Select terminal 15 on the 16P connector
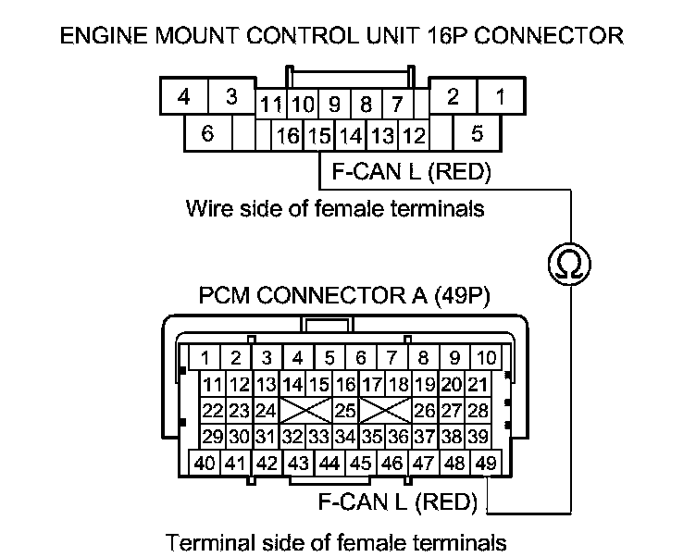tap(319, 136)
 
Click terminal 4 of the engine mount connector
tap(184, 97)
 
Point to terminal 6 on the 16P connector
tap(206, 133)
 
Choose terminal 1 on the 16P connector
tap(500, 95)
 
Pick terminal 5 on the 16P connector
tap(478, 133)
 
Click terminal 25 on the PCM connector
tap(345, 409)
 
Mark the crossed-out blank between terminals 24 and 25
tap(305, 409)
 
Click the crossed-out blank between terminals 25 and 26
tap(385, 409)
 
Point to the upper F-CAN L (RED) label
tap(404, 171)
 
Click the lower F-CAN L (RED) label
tap(397, 503)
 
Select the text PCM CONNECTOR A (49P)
tap(344, 297)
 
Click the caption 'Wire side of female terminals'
tap(335, 207)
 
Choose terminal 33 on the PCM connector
tap(319, 436)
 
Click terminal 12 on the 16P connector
tap(413, 136)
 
